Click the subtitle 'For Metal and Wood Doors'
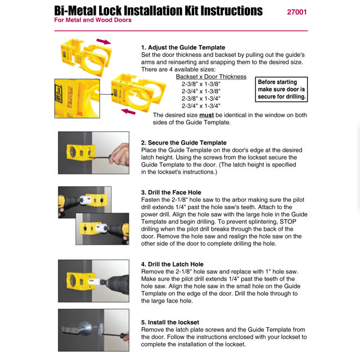click(93, 20)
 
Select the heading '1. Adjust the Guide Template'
click(183, 47)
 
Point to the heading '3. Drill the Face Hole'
click(175, 192)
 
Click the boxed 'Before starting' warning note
click(281, 89)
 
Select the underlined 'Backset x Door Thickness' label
click(211, 76)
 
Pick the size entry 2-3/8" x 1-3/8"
click(201, 83)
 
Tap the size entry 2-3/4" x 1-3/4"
click(201, 105)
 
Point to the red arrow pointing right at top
click(103, 41)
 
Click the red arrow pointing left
click(129, 111)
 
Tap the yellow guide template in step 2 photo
click(78, 152)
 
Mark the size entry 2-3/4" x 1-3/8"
click(201, 91)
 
